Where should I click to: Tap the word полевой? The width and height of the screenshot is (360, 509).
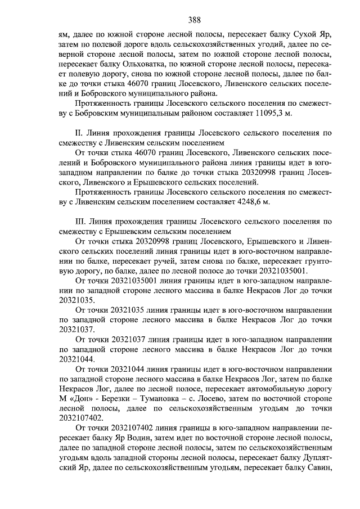[x=106, y=44]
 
